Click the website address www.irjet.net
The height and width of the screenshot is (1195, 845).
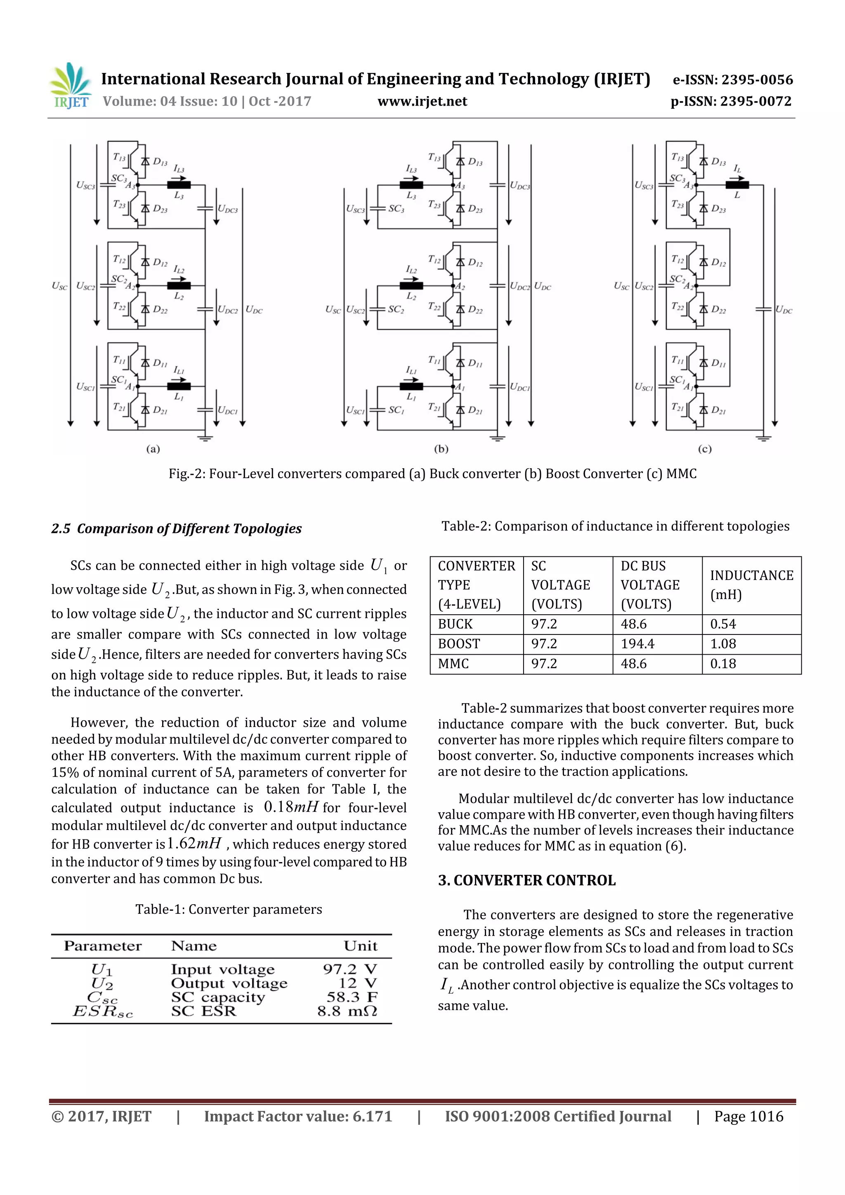tap(422, 101)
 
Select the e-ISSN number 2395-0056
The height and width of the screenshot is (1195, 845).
tap(732, 80)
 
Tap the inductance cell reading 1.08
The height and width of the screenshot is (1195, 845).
tap(723, 644)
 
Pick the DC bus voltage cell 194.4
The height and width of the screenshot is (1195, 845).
tap(637, 644)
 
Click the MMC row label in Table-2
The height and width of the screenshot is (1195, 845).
tap(453, 664)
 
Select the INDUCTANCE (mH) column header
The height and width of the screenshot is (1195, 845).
tap(751, 585)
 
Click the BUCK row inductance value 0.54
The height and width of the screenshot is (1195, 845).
tap(723, 624)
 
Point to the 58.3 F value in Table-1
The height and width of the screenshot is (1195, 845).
tap(352, 997)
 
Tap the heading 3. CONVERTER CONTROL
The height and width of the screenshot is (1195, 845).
tap(526, 880)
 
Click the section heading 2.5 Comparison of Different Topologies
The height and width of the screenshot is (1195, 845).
tap(176, 529)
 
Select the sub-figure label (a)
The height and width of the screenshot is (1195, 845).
tap(153, 449)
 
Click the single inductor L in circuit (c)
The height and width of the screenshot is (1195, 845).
tap(737, 185)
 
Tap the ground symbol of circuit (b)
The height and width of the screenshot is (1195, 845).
tap(497, 437)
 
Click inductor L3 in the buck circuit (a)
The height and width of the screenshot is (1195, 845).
tap(179, 185)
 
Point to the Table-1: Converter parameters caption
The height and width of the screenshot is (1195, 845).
tap(229, 909)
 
